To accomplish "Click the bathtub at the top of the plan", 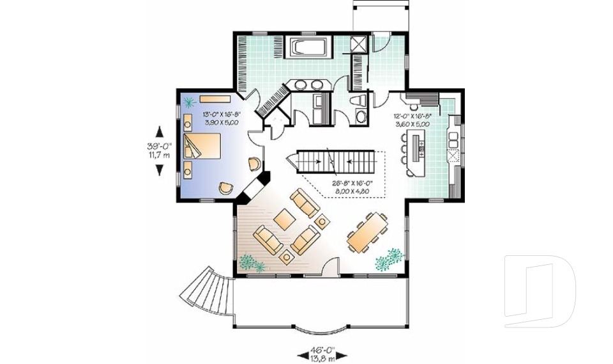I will [309, 48].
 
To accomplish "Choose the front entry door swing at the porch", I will [331, 266].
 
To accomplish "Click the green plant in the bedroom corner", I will [190, 101].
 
